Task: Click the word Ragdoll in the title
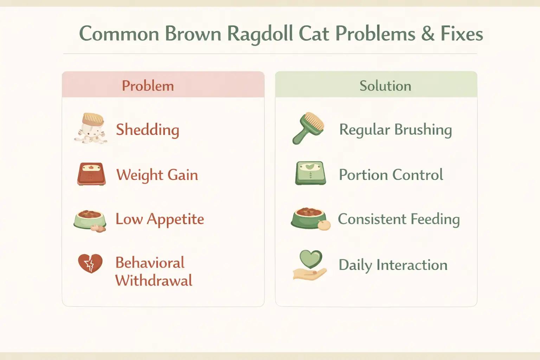point(260,34)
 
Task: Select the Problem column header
point(148,86)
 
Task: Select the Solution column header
point(385,86)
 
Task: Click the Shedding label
point(148,130)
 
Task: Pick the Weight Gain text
point(157,175)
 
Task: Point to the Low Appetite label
point(160,219)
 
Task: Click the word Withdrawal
point(154,281)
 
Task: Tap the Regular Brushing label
point(395,130)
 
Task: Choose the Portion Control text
point(391,175)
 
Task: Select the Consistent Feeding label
point(399,219)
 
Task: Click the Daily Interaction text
point(393,265)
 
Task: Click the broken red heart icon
point(90,263)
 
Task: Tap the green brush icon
point(308,128)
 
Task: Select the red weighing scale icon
point(91,174)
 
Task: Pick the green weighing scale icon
point(310,173)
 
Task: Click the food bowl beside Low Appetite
point(90,220)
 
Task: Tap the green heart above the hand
point(310,259)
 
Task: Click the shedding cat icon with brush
point(91,128)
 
